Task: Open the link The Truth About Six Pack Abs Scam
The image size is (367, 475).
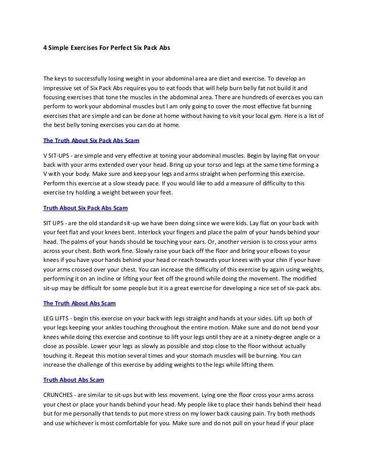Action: tap(91, 141)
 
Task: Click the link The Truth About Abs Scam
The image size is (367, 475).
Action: tap(80, 304)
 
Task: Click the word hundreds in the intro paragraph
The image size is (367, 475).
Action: tap(249, 97)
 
